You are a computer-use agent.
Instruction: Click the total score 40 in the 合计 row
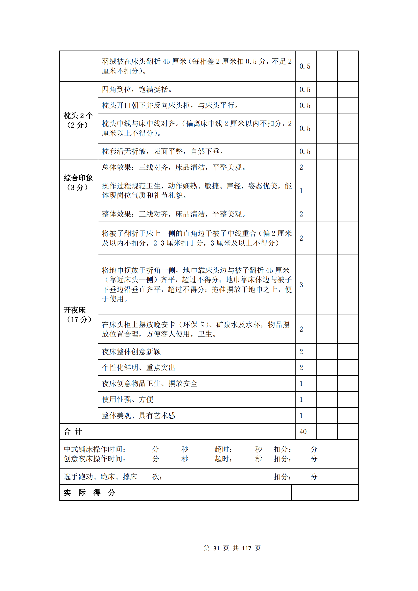303,432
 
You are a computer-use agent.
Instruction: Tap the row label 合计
73,432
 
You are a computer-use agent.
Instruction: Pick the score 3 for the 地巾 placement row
301,285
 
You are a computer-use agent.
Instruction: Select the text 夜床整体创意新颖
131,352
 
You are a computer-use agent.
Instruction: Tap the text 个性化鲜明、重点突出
138,368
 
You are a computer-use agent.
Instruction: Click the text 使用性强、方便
128,399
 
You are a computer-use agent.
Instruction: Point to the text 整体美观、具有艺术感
138,415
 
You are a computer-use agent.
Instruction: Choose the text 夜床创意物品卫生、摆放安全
150,384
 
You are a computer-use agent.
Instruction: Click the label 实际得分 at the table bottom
89,493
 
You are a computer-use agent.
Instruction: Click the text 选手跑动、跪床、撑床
100,477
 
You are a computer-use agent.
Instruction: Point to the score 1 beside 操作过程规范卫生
301,191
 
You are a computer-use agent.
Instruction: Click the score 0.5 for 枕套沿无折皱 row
305,151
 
